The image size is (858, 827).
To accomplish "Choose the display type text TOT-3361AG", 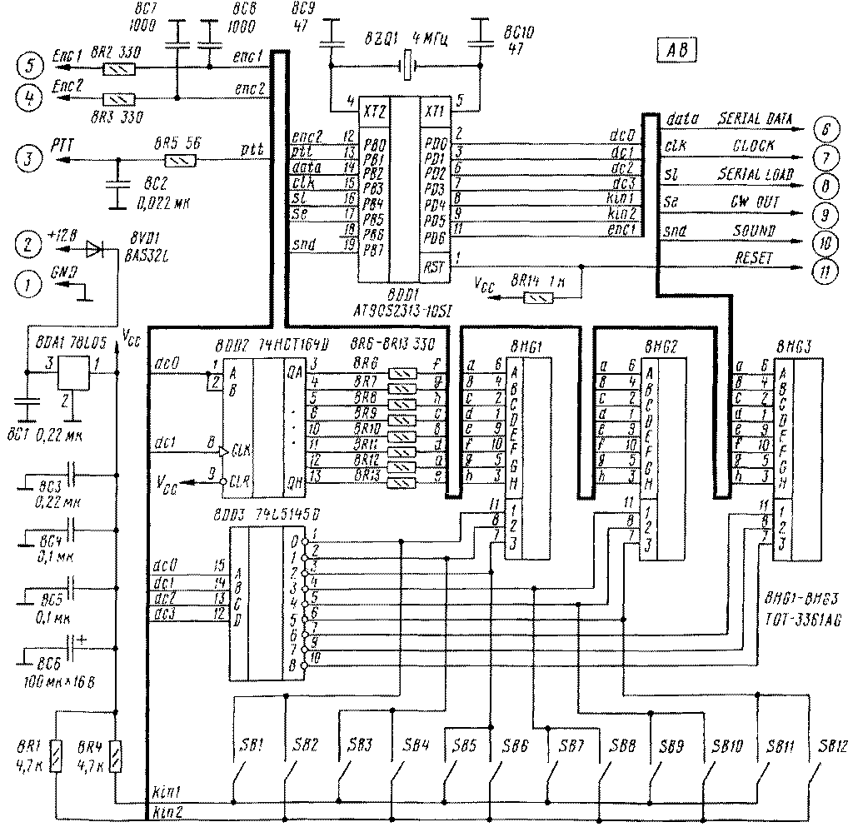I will [802, 620].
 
